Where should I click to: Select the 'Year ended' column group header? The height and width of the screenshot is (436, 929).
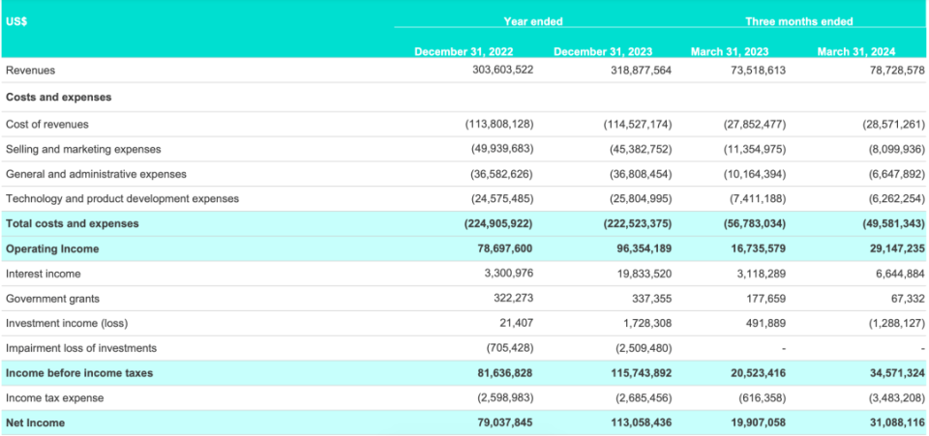coord(532,20)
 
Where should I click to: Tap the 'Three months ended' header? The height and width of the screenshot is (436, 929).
coord(798,20)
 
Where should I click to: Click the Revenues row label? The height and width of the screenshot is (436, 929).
coord(30,71)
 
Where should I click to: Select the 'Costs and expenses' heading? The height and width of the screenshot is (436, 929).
coord(58,97)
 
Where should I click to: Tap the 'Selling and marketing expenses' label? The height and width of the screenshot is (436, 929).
coord(83,149)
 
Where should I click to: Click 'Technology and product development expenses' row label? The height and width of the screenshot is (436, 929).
coord(122,198)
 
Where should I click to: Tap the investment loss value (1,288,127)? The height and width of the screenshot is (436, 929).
coord(892,323)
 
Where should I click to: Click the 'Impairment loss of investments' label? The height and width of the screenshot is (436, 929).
coord(81,348)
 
